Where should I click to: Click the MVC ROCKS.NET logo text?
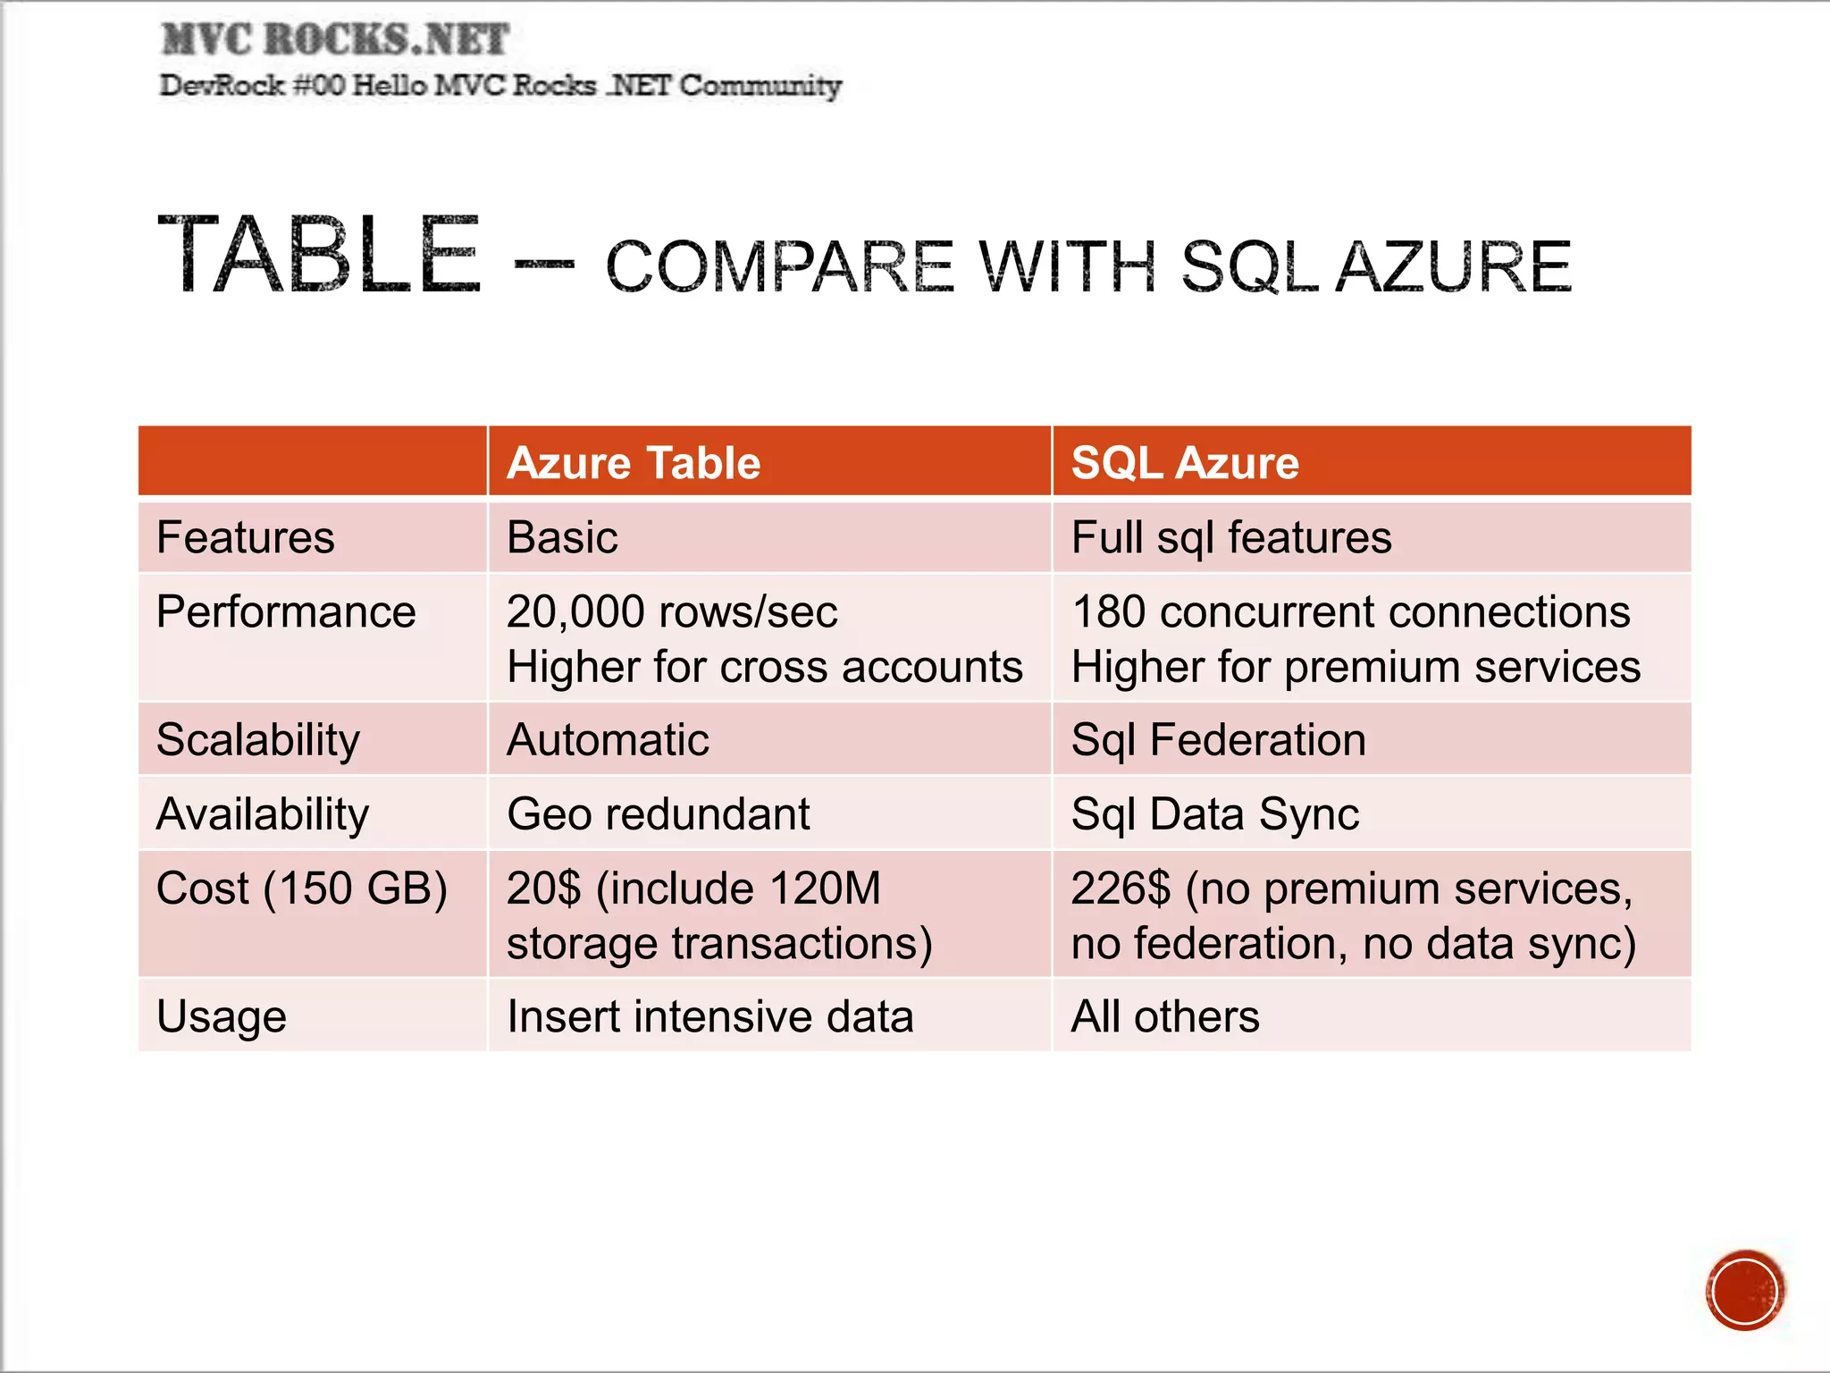335,39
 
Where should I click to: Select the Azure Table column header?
634,463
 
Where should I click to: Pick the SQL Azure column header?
1185,463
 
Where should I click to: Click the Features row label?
246,538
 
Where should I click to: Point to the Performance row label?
286,612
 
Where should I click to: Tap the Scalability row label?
258,740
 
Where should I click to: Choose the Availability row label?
263,814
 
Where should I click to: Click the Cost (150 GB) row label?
302,889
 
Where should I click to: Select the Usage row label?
222,1017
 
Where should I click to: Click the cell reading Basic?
562,538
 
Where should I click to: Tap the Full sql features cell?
1231,538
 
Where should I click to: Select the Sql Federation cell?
1219,740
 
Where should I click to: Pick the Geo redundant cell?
659,814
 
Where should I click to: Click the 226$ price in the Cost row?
1121,889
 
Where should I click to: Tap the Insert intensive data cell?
710,1017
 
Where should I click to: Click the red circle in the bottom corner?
1744,1291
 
